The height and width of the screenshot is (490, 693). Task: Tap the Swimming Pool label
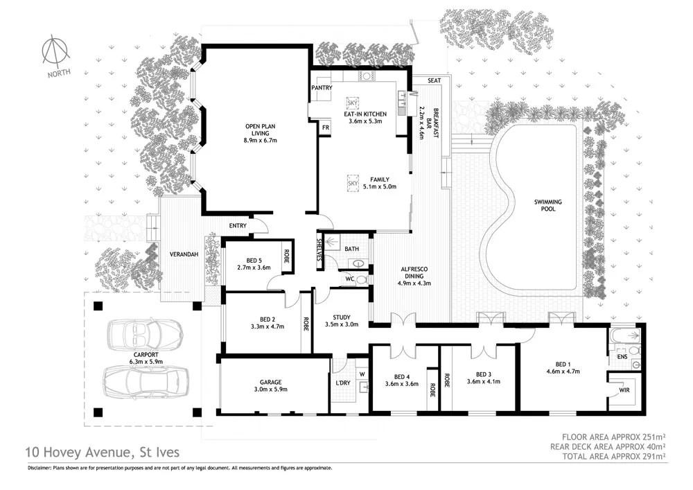[547, 206]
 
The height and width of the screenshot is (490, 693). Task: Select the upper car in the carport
[145, 335]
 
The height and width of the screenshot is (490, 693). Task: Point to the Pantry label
[322, 88]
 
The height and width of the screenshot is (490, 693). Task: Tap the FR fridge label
[324, 128]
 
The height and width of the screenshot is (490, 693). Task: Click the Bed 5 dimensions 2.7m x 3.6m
[253, 267]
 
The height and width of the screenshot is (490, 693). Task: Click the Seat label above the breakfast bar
[435, 81]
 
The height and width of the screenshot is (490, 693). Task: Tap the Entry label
[238, 225]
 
